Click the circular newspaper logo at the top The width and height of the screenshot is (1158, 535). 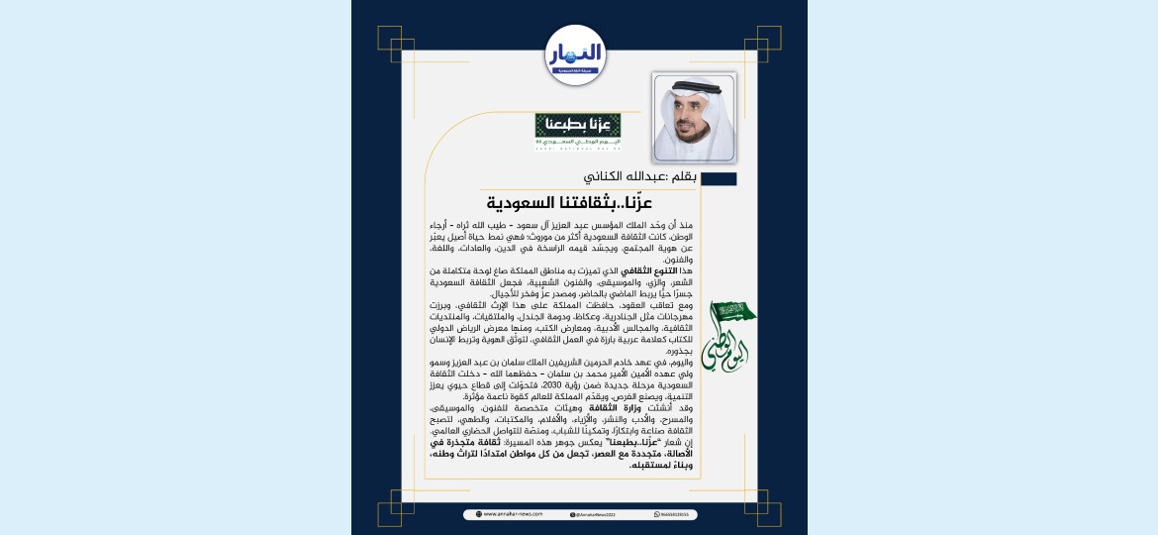click(575, 54)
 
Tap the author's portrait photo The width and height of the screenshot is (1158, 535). click(694, 116)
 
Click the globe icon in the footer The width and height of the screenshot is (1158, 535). click(479, 514)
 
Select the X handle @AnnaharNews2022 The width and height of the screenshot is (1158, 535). click(597, 514)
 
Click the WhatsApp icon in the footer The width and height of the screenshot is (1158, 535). click(657, 514)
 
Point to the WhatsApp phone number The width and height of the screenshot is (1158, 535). click(680, 514)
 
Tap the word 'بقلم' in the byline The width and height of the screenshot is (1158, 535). click(683, 178)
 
